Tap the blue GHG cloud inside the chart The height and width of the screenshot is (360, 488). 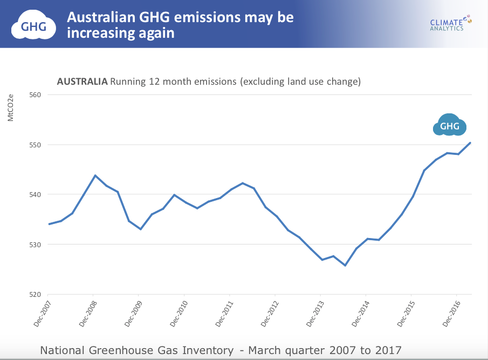click(450, 126)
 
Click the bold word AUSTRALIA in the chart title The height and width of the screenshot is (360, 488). click(82, 82)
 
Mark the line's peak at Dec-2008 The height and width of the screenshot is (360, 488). click(95, 175)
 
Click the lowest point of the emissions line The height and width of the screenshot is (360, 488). click(345, 265)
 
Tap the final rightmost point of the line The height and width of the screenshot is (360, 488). click(471, 142)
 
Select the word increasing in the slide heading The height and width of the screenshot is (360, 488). click(98, 33)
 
